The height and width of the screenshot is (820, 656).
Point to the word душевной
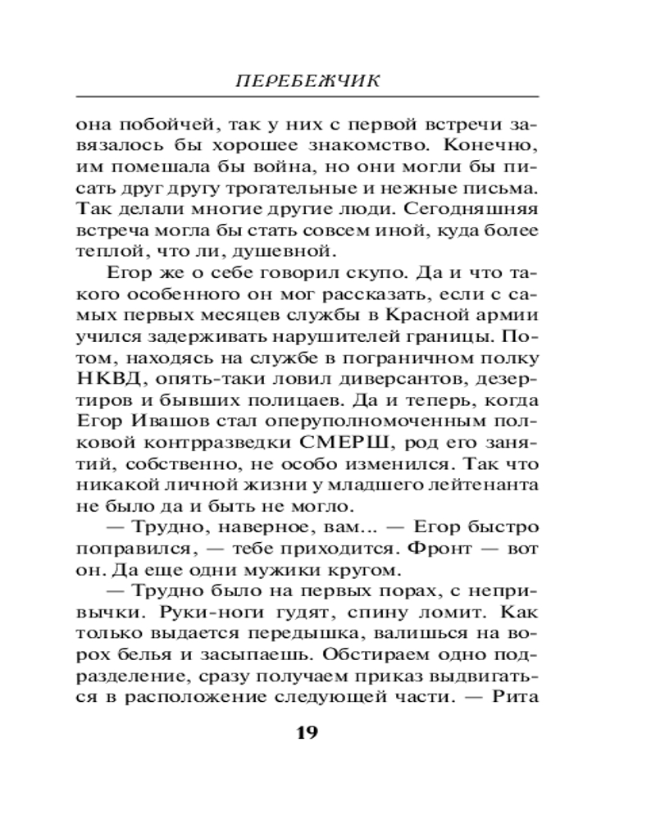294,252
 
